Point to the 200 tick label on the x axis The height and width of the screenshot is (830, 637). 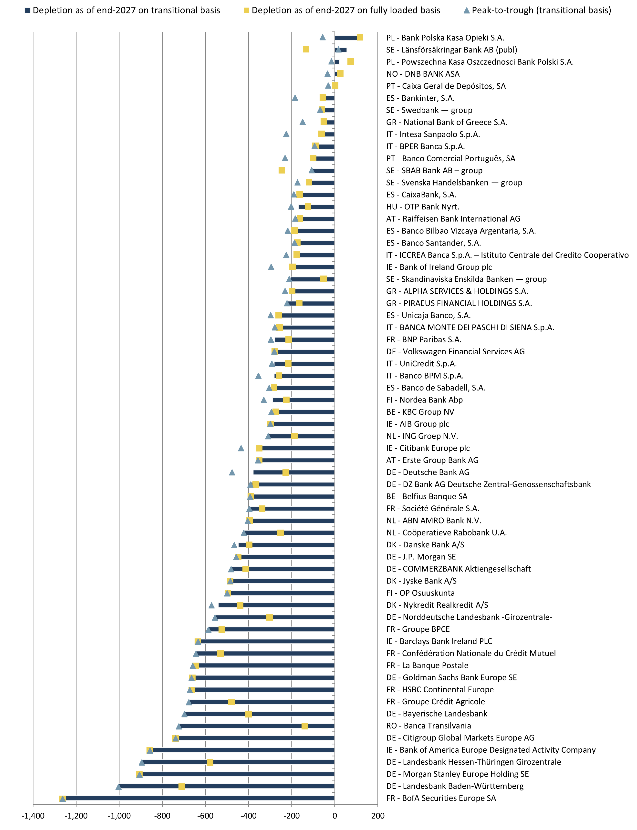pyautogui.click(x=378, y=816)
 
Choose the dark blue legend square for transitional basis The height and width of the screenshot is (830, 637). pyautogui.click(x=28, y=10)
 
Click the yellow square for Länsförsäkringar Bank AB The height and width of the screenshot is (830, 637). pyautogui.click(x=306, y=49)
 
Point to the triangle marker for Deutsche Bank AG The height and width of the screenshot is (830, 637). pyautogui.click(x=232, y=472)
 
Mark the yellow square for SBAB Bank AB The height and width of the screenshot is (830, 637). pyautogui.click(x=282, y=170)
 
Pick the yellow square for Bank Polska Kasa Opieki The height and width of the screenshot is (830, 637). pyautogui.click(x=360, y=37)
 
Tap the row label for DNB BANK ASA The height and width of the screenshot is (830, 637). pyautogui.click(x=423, y=74)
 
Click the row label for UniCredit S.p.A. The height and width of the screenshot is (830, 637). pyautogui.click(x=421, y=364)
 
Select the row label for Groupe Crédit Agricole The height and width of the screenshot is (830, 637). pyautogui.click(x=435, y=702)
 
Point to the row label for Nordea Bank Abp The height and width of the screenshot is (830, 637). pyautogui.click(x=424, y=400)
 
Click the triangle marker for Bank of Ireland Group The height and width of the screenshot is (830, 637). pyautogui.click(x=271, y=267)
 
